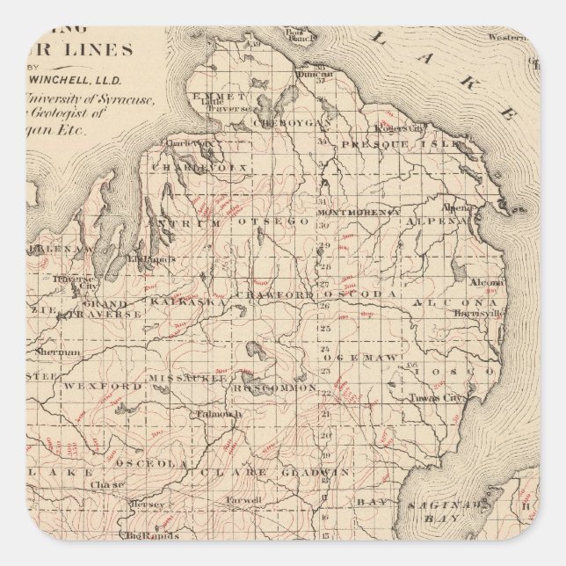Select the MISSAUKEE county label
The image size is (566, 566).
185,378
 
